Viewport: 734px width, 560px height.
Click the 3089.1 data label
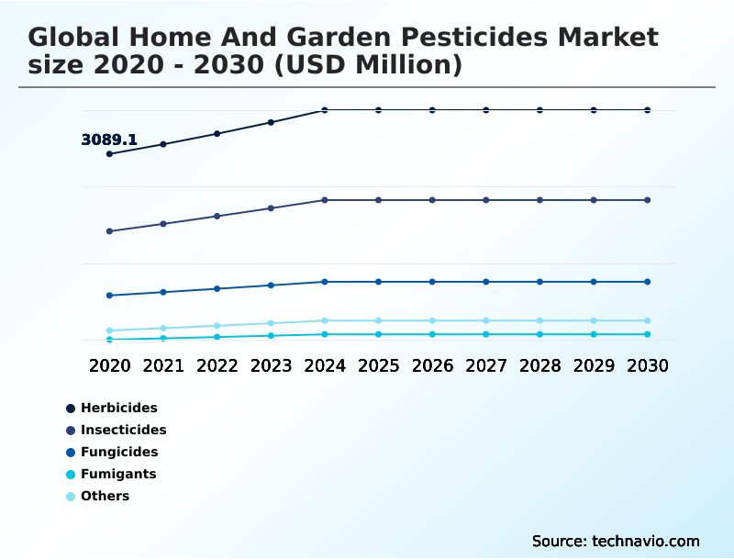coord(109,140)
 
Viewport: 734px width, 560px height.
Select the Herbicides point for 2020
coord(109,154)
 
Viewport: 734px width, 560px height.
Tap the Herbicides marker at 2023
coord(271,122)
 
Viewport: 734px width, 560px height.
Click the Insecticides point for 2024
coord(325,200)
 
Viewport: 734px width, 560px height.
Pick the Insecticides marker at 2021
coord(163,224)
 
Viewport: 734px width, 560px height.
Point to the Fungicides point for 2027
coord(486,282)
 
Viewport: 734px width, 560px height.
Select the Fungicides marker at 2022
coord(217,288)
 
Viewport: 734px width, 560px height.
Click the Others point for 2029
coord(594,320)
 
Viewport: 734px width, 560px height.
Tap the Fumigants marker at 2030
coord(648,334)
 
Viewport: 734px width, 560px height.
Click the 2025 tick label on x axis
coord(378,365)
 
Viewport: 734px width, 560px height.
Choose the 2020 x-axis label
coord(109,365)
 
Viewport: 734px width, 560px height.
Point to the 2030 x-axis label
coord(648,365)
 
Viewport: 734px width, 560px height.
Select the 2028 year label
coord(539,365)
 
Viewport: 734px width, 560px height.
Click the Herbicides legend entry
coord(118,408)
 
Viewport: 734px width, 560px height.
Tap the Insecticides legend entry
coord(123,430)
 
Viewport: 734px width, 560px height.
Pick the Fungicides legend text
coord(119,452)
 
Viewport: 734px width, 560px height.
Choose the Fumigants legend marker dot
coord(71,475)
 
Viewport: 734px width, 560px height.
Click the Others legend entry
coord(105,497)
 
